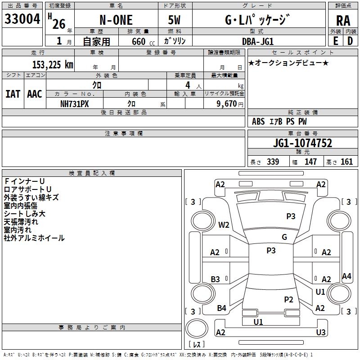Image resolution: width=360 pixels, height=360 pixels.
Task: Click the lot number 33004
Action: pyautogui.click(x=22, y=19)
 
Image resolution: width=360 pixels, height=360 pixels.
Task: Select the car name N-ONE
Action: pyautogui.click(x=116, y=20)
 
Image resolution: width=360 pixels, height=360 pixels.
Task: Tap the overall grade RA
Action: pyautogui.click(x=343, y=21)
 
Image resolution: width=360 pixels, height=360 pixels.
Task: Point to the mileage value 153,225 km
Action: pyautogui.click(x=53, y=65)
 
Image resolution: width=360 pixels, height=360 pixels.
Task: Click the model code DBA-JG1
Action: pyautogui.click(x=258, y=41)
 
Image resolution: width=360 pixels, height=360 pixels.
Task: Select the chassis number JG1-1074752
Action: pyautogui.click(x=302, y=143)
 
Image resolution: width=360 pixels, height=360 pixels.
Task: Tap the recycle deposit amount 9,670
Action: pyautogui.click(x=227, y=104)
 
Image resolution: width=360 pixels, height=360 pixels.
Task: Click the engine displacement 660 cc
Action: pyautogui.click(x=143, y=41)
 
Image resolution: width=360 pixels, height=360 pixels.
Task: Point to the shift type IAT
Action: pyautogui.click(x=13, y=94)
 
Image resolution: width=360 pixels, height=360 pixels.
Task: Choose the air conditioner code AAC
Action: pyautogui.click(x=35, y=94)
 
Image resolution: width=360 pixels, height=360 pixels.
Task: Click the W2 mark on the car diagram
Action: pyautogui.click(x=224, y=225)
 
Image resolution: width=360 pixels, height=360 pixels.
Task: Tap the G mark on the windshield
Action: pyautogui.click(x=284, y=237)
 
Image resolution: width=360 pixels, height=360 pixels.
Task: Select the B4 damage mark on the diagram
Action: pyautogui.click(x=221, y=308)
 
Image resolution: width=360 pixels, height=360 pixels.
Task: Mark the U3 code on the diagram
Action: pyautogui.click(x=321, y=332)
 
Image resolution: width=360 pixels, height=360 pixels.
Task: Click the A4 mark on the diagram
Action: pyautogui.click(x=346, y=276)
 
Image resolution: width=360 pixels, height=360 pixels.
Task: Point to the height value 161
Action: pyautogui.click(x=346, y=162)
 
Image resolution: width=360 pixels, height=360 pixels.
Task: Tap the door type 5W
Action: pyautogui.click(x=174, y=20)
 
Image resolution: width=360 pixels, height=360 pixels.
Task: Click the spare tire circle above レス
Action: pyautogui.click(x=197, y=328)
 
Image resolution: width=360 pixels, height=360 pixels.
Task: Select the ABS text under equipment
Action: pyautogui.click(x=258, y=121)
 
